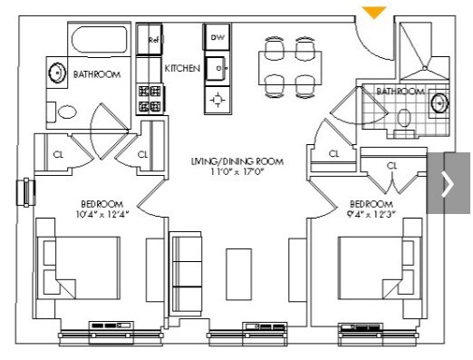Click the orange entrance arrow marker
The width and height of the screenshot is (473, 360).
[374, 12]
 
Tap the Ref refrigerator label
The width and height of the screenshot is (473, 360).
[154, 40]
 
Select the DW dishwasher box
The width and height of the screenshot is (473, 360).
[217, 37]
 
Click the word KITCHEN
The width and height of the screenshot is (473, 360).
[182, 68]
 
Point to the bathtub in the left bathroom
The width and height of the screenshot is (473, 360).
[99, 40]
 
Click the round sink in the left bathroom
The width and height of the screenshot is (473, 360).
[57, 73]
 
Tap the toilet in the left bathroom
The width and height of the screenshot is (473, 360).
[63, 112]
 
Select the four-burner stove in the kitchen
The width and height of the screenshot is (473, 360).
[150, 99]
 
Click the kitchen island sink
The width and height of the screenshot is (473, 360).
[217, 68]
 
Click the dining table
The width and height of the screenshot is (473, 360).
[290, 68]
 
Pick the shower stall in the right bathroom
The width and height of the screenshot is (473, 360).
[424, 52]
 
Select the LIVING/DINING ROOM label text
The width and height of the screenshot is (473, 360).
[237, 161]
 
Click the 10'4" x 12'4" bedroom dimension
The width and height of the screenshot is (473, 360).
[102, 214]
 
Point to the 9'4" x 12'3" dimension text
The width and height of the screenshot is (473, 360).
[372, 214]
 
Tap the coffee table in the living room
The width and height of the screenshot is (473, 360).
[239, 274]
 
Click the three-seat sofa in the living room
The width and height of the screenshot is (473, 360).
[185, 274]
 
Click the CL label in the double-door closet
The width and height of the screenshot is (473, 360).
[391, 166]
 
